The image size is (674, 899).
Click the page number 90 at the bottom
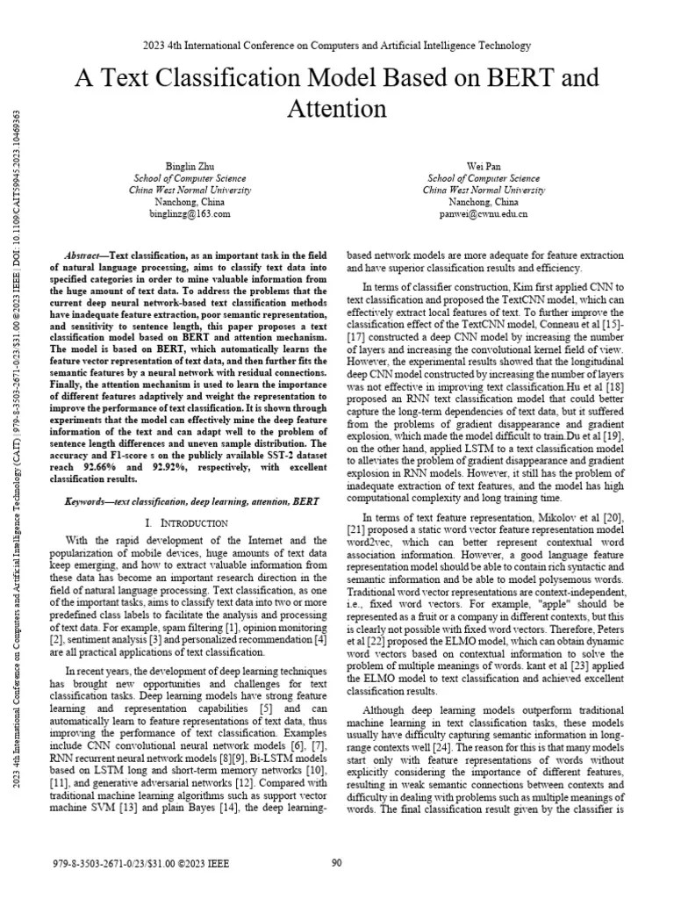tap(336, 863)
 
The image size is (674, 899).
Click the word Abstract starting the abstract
tap(86, 249)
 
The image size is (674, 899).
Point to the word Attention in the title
tap(337, 109)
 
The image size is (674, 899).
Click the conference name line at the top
tap(336, 45)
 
